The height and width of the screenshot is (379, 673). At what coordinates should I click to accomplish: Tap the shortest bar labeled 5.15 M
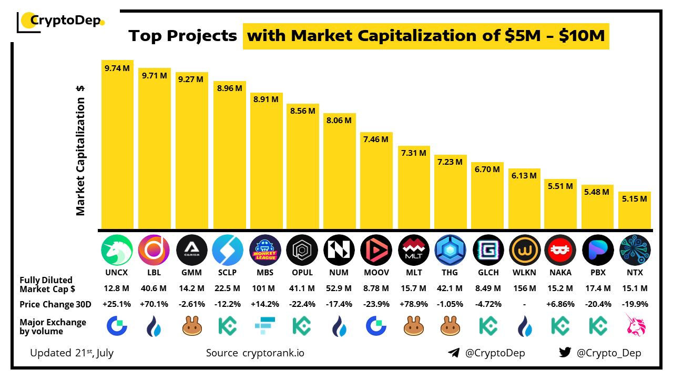[635, 211]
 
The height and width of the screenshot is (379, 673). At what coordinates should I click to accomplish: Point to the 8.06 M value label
[339, 121]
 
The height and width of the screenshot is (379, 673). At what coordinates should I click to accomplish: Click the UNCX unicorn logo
[117, 250]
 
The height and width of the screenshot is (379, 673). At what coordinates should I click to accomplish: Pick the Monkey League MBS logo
[265, 250]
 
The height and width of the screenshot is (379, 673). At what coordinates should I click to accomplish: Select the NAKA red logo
[560, 250]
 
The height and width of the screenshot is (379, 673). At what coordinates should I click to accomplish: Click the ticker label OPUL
[302, 273]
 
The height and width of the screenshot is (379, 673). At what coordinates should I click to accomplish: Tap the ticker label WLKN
[524, 273]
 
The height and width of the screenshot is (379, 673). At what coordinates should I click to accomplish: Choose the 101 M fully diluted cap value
[265, 288]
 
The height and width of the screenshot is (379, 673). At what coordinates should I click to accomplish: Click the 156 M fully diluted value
[524, 288]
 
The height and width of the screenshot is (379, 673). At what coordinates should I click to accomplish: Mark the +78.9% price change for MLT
[413, 304]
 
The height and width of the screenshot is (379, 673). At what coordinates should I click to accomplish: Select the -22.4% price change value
[302, 304]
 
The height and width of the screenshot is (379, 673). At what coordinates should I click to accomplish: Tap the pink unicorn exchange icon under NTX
[635, 325]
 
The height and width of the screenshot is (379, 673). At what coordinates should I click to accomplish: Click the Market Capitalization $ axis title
[80, 151]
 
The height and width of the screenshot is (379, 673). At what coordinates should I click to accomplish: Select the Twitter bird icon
[565, 353]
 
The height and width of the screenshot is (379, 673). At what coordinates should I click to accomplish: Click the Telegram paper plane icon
[454, 353]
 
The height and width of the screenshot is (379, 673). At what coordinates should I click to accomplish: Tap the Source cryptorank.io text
[255, 353]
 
